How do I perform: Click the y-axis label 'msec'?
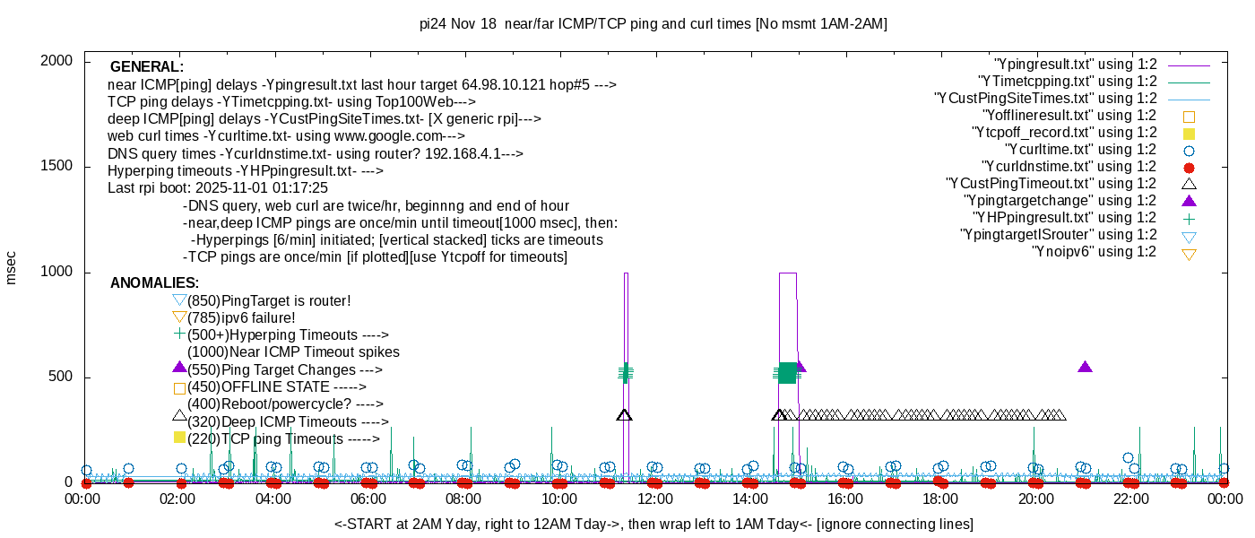click(12, 267)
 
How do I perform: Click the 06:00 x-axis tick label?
click(368, 499)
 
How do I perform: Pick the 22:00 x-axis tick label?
click(1131, 499)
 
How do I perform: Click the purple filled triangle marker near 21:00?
click(1085, 367)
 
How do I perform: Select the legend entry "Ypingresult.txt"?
click(1075, 65)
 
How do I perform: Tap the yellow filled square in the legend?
click(1190, 133)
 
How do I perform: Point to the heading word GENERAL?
click(147, 67)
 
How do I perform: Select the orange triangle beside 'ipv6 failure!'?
click(179, 317)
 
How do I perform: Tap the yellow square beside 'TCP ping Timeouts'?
click(179, 438)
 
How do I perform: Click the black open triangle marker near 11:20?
click(625, 414)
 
